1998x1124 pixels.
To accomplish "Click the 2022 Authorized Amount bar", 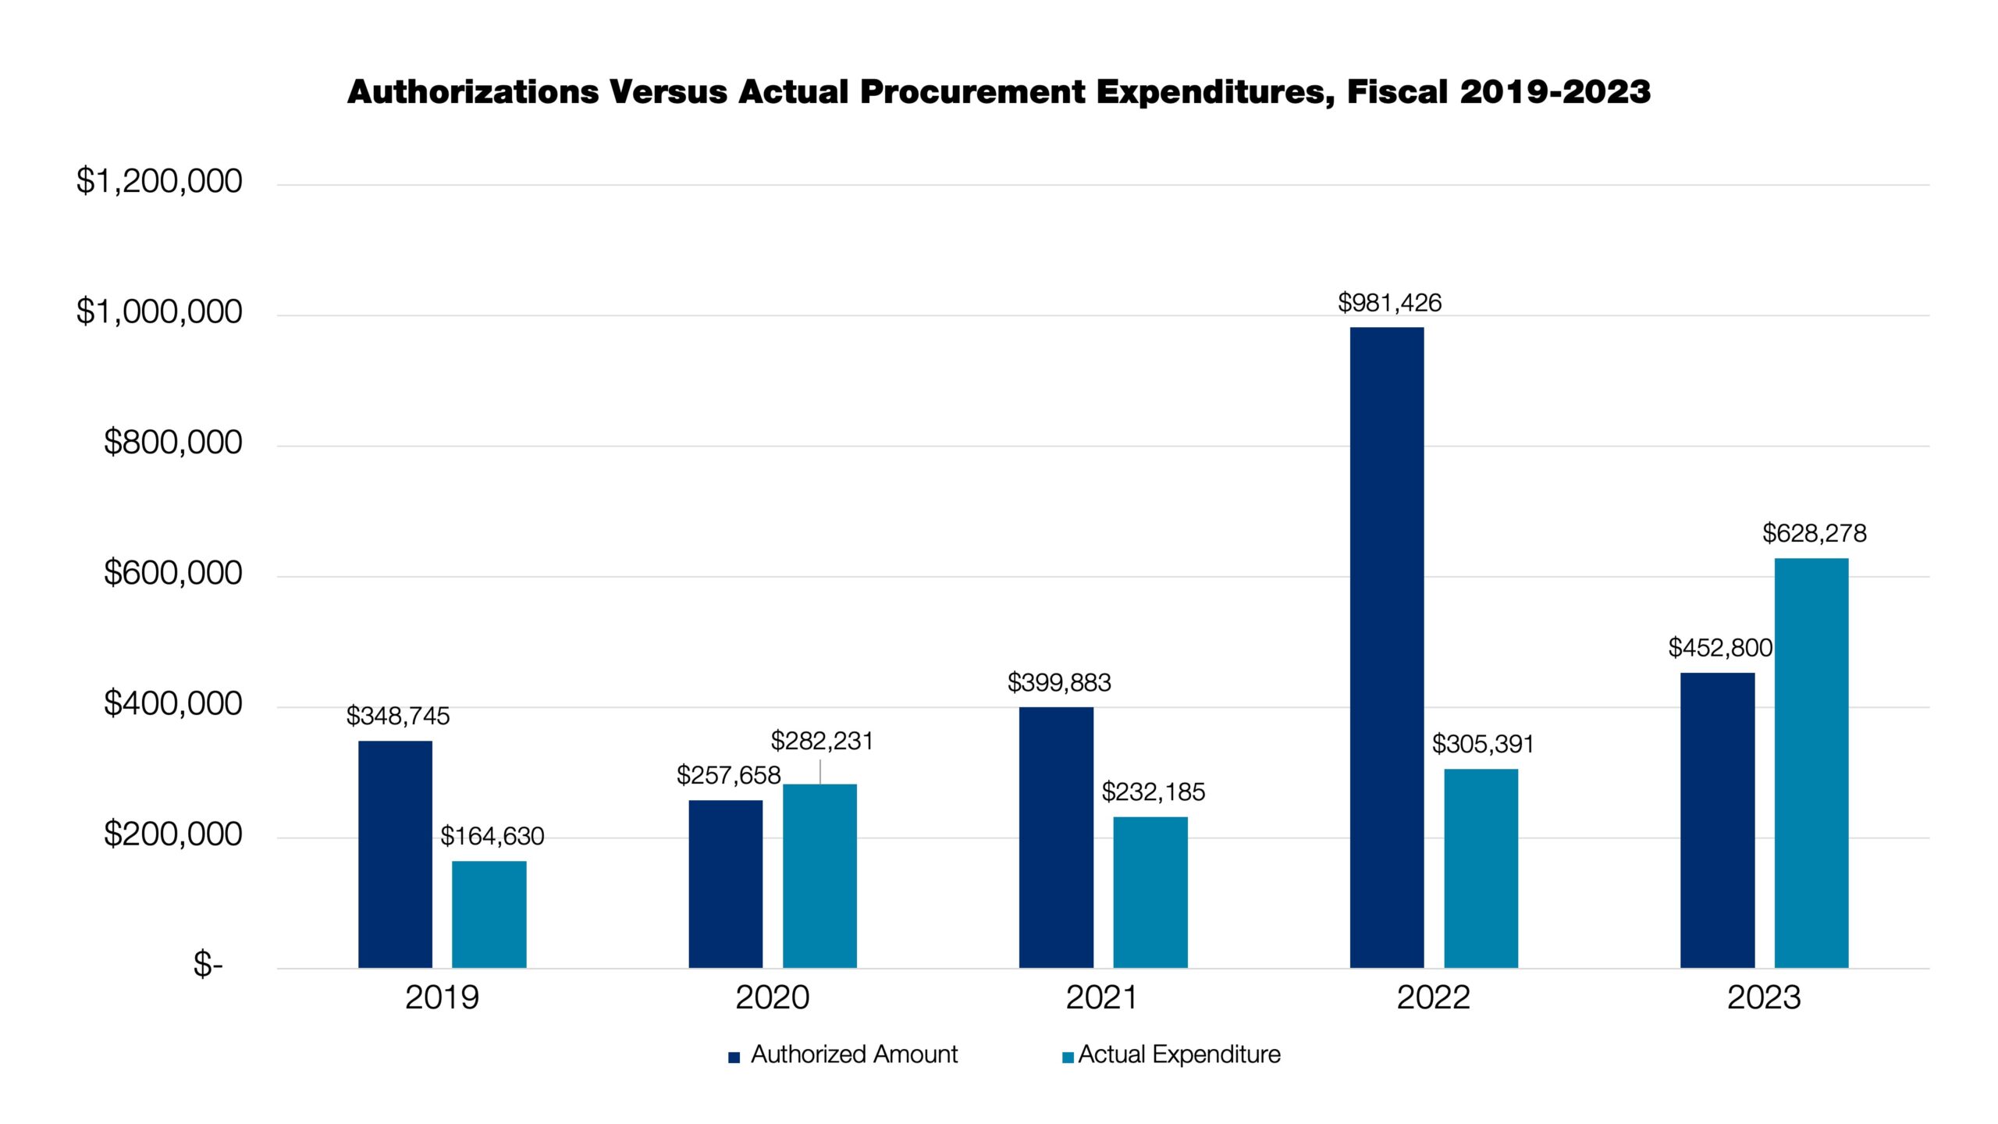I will (1386, 648).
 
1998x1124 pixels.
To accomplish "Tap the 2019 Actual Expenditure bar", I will (489, 914).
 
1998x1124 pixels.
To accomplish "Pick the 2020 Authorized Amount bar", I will (725, 884).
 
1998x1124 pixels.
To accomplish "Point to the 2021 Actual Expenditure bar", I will (1150, 892).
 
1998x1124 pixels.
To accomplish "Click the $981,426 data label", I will (1389, 303).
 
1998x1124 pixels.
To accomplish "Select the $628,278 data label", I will (1814, 534).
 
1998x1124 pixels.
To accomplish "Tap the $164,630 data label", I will (492, 836).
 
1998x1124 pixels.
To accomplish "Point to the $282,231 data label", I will (822, 741).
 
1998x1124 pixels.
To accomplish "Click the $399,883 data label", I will (1059, 683).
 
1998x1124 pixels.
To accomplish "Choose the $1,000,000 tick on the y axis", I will (159, 312).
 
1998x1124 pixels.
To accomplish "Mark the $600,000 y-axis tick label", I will (172, 574).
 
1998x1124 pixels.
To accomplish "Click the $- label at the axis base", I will (208, 965).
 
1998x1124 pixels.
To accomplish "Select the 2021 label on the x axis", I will (1102, 998).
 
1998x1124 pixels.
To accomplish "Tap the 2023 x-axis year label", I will (1763, 998).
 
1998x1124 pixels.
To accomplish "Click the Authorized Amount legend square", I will (734, 1058).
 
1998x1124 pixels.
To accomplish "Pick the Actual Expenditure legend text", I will (1179, 1055).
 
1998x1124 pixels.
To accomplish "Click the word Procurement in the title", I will (972, 92).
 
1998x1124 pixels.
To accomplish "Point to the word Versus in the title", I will (668, 92).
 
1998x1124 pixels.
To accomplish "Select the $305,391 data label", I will (1483, 745).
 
